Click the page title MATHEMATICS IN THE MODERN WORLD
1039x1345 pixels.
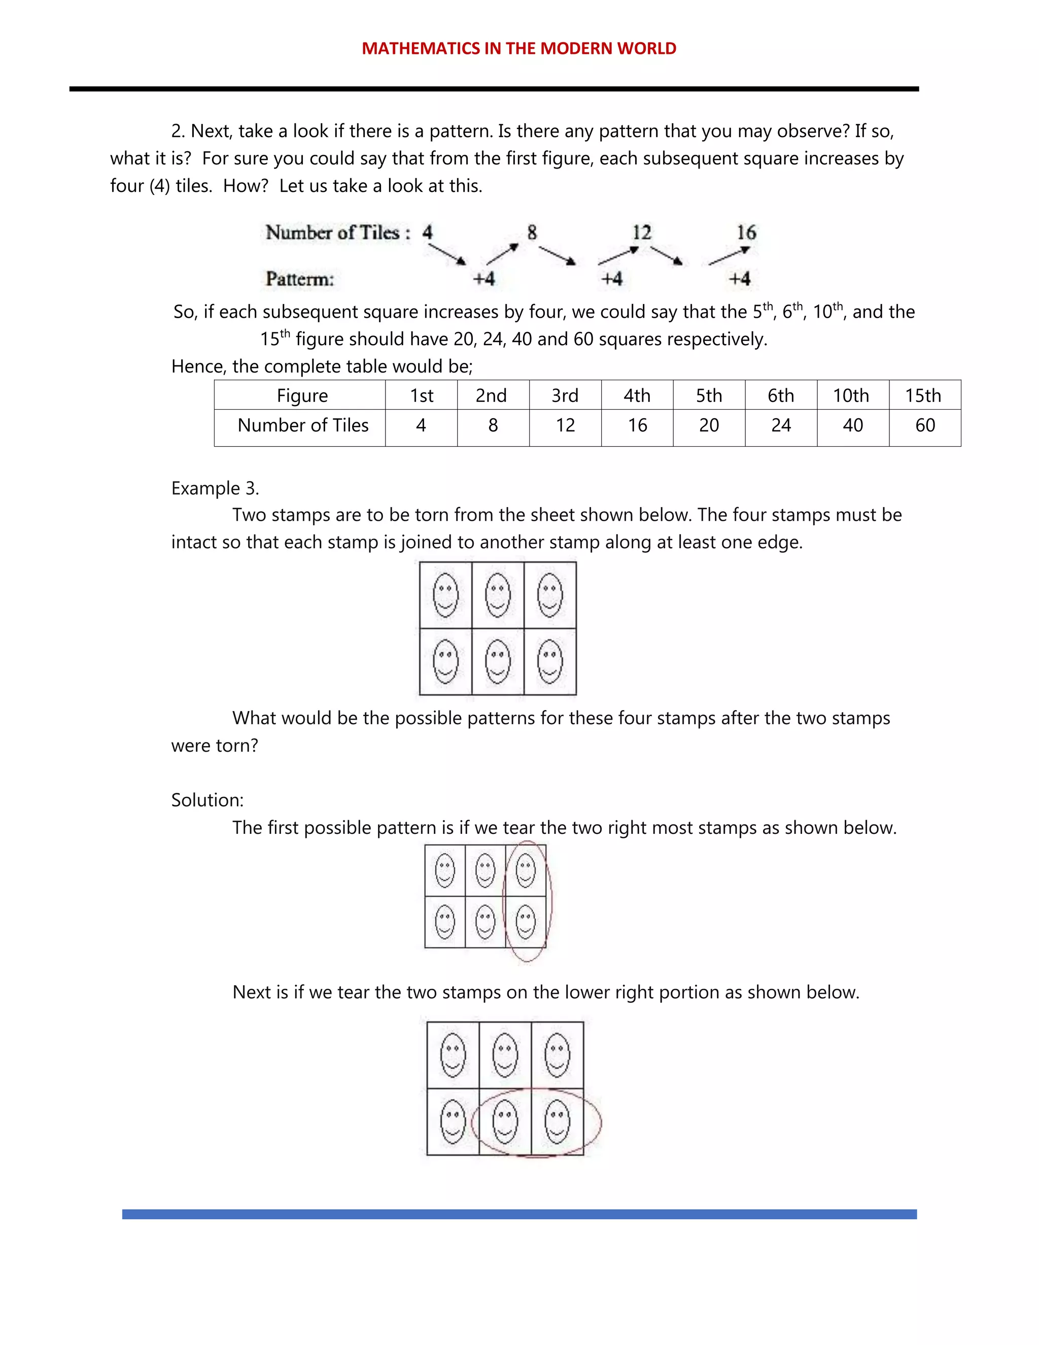pos(519,49)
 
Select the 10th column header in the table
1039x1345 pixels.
pos(852,395)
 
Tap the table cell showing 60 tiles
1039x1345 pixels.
pos(924,425)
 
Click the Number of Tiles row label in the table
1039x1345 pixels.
pos(303,425)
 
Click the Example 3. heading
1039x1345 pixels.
pos(215,488)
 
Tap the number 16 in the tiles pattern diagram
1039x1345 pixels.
pos(746,233)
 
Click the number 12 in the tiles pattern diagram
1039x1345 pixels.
pos(641,233)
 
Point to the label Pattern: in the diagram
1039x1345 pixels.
pos(300,279)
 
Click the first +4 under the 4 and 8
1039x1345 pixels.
pos(484,279)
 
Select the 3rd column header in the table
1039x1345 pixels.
pos(565,395)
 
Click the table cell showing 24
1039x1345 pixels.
pos(780,425)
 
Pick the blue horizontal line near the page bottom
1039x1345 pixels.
pos(519,1214)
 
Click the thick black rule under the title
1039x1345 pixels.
pos(494,89)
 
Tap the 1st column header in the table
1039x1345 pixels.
pos(421,395)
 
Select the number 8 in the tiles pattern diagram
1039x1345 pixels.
pos(532,233)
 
